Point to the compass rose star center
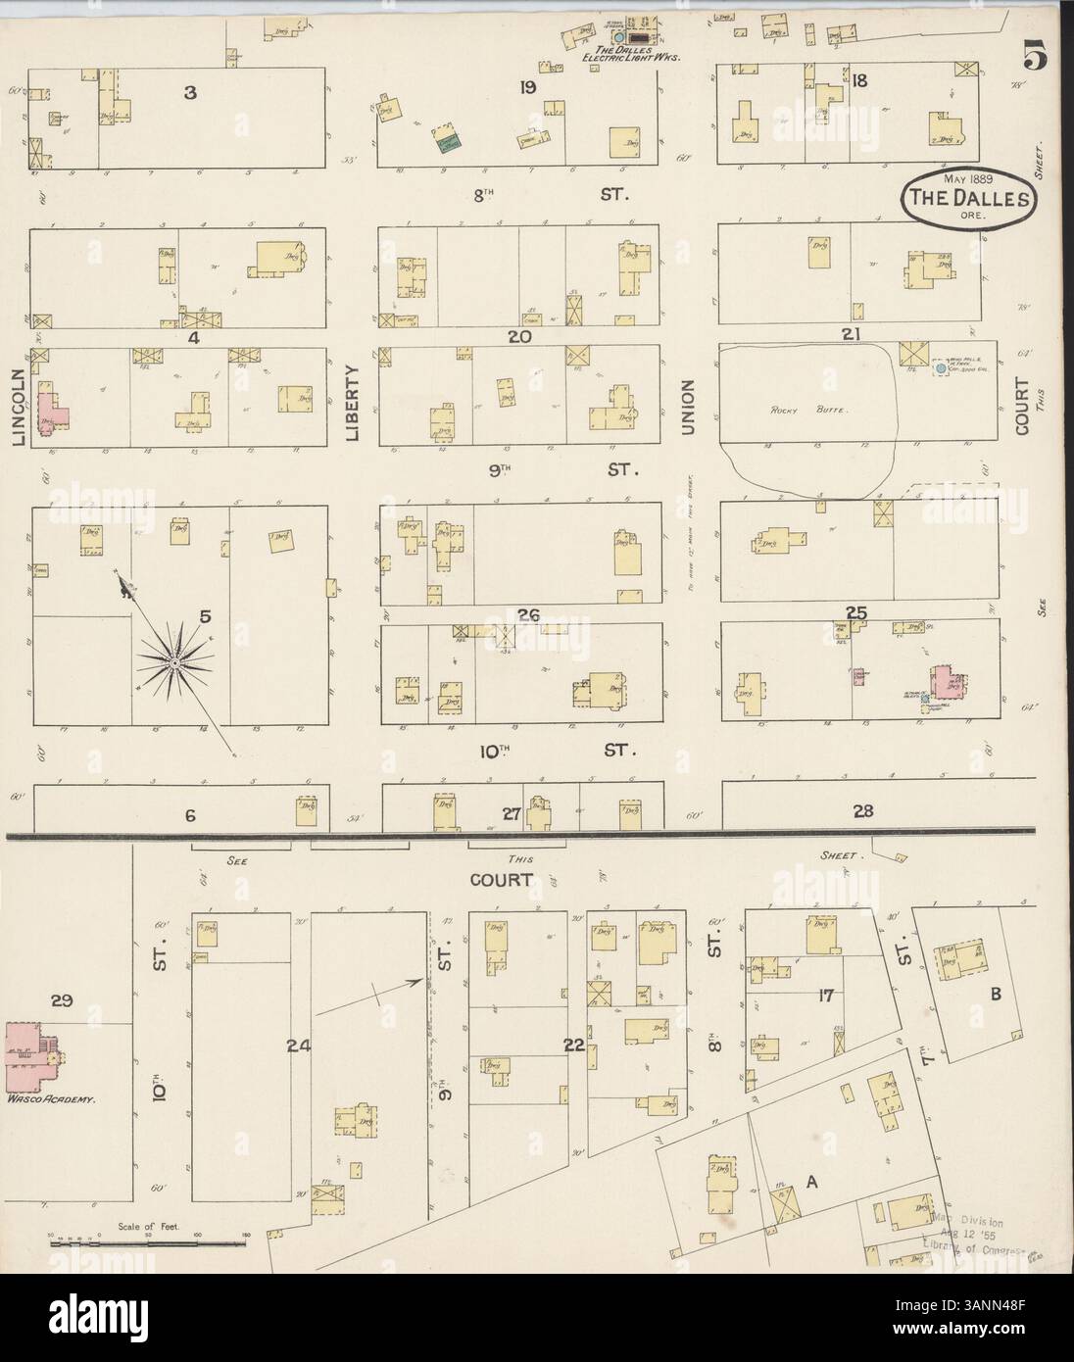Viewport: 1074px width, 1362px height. pyautogui.click(x=172, y=663)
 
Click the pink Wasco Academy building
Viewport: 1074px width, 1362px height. pyautogui.click(x=29, y=1056)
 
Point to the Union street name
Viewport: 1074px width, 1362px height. pyautogui.click(x=688, y=407)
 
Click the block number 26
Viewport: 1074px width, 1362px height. pyautogui.click(x=529, y=615)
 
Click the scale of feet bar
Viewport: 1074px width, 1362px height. pyautogui.click(x=147, y=1242)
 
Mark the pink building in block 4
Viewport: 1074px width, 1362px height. pyautogui.click(x=51, y=412)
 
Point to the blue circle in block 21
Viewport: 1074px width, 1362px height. pyautogui.click(x=941, y=367)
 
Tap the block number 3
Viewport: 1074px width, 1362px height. pyautogui.click(x=191, y=93)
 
